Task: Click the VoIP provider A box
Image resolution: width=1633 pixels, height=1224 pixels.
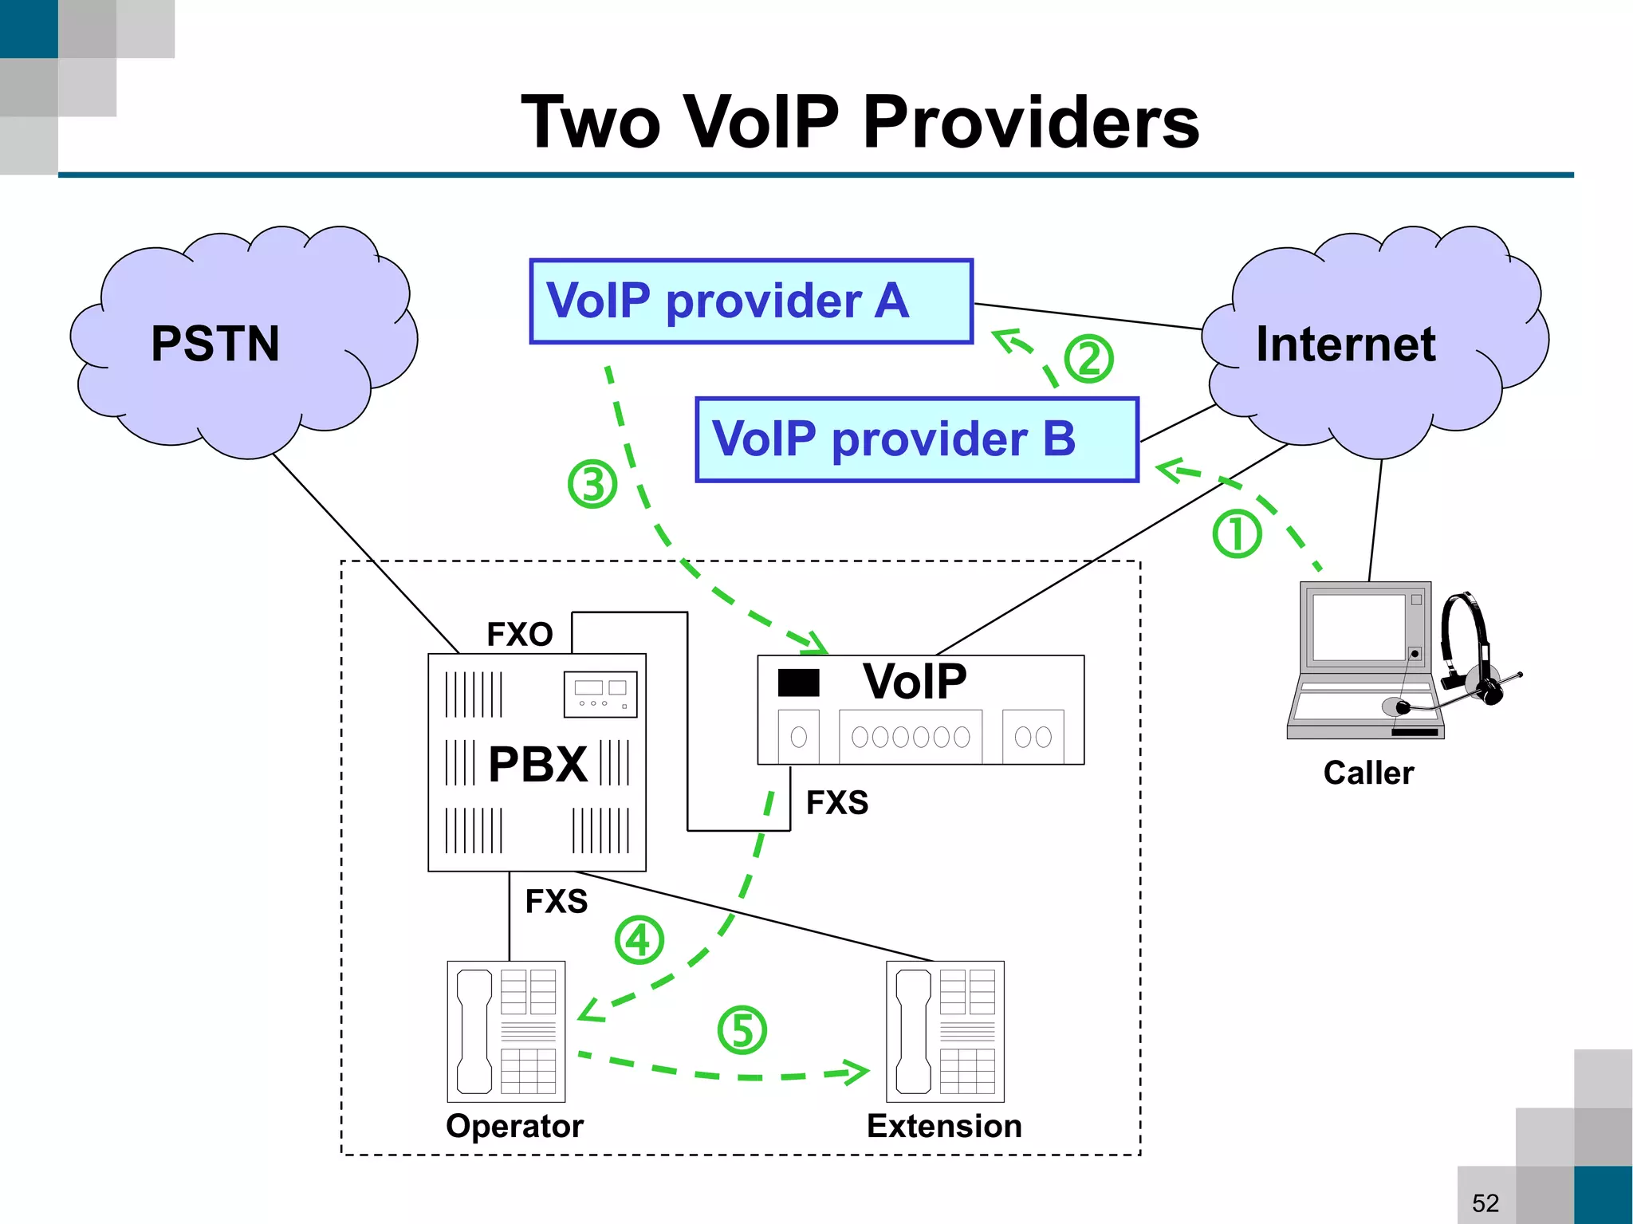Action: [x=750, y=301]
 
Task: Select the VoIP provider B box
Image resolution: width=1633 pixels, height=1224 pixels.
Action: [x=916, y=439]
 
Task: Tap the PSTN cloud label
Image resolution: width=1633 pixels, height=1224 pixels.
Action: [x=215, y=344]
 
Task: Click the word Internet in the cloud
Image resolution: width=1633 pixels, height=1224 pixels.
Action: [x=1345, y=344]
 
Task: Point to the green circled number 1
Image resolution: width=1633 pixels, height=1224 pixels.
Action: [x=1237, y=533]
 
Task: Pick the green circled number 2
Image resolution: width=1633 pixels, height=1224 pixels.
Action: [x=1088, y=359]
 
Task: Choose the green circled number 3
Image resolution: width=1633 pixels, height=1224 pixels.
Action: [x=592, y=484]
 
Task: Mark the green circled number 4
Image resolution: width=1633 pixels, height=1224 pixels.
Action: [x=639, y=940]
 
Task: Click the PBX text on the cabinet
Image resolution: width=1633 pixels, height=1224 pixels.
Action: [x=537, y=764]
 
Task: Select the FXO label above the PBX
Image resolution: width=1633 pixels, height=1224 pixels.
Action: [x=520, y=635]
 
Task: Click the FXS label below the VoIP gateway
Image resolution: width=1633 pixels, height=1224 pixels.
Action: [x=836, y=802]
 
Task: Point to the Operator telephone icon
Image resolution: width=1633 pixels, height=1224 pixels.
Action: [x=506, y=1031]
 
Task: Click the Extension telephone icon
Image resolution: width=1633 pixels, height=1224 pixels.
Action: [x=945, y=1031]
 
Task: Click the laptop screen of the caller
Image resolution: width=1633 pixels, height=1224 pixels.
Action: [x=1358, y=628]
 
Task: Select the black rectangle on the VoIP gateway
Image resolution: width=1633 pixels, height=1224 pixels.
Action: [x=798, y=683]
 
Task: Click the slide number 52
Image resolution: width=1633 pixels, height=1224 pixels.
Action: [x=1485, y=1202]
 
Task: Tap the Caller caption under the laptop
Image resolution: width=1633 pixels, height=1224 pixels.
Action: [x=1368, y=773]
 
